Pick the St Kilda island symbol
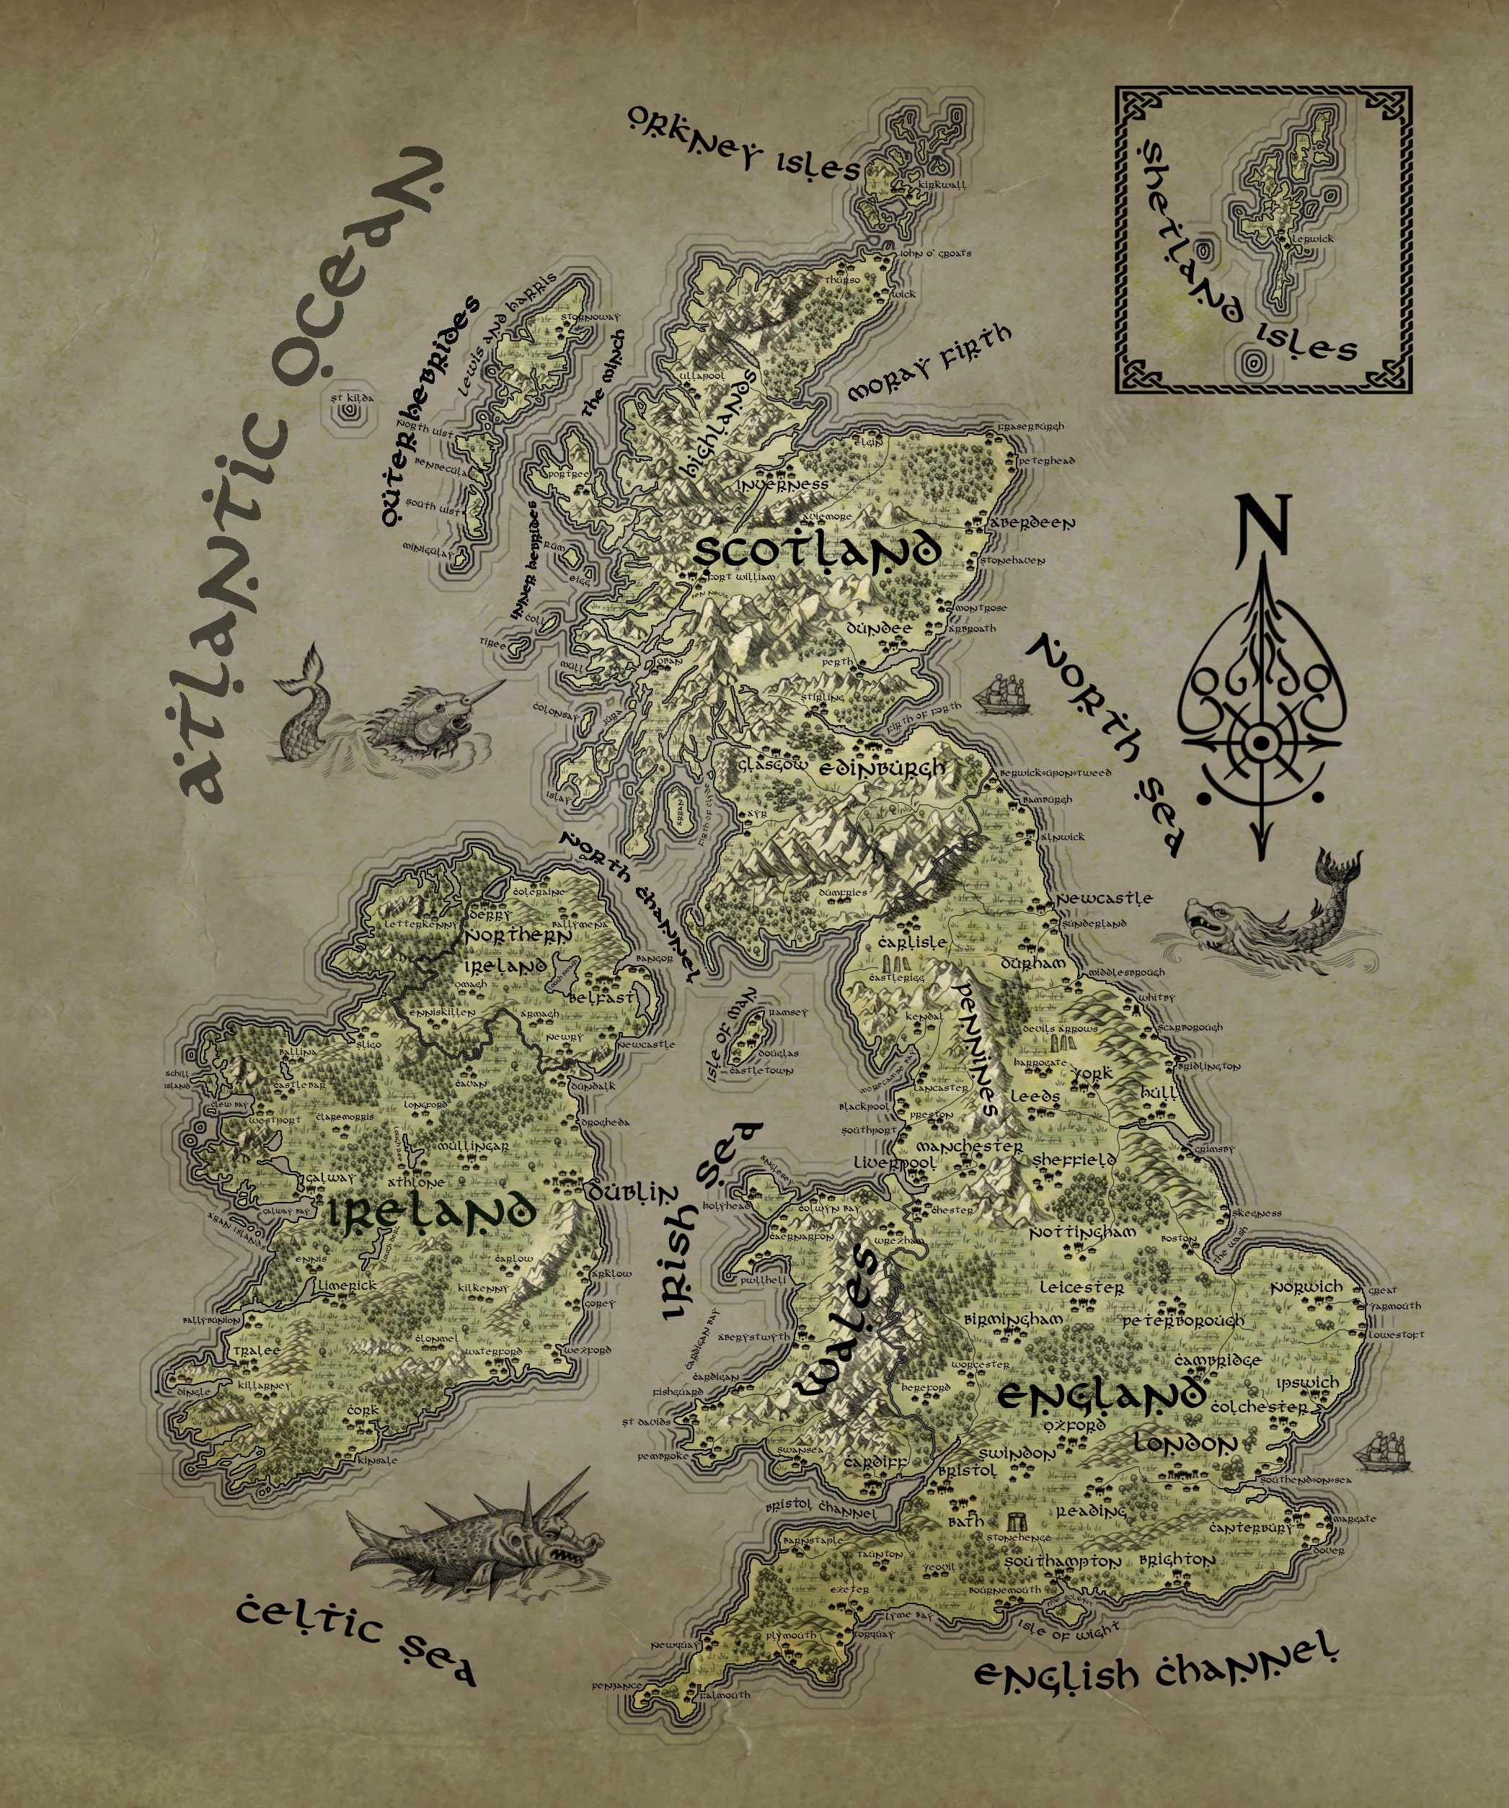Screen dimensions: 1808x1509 [x=350, y=411]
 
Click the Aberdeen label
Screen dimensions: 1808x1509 [x=1032, y=522]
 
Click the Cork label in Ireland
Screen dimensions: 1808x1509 [x=366, y=1410]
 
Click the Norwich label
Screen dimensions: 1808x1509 [x=1306, y=1286]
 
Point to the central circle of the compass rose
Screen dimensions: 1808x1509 [x=1262, y=742]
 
